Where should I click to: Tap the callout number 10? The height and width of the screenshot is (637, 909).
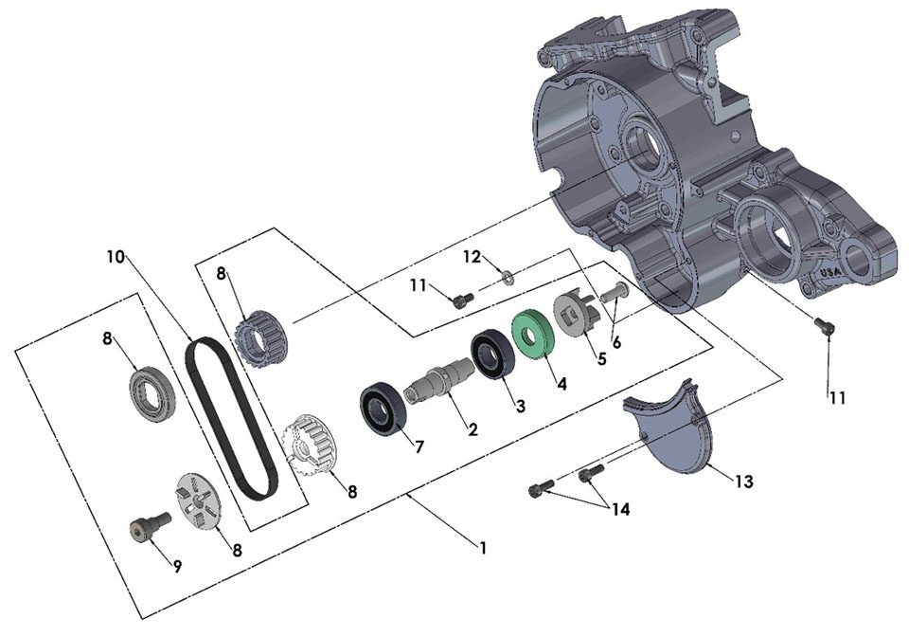click(115, 256)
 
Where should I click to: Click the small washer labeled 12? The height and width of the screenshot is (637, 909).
click(507, 277)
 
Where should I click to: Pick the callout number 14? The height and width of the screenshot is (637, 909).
click(619, 509)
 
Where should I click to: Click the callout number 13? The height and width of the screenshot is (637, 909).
click(744, 482)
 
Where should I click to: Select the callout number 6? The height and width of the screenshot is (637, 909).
click(616, 343)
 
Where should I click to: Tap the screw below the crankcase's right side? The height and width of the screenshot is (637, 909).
click(825, 327)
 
